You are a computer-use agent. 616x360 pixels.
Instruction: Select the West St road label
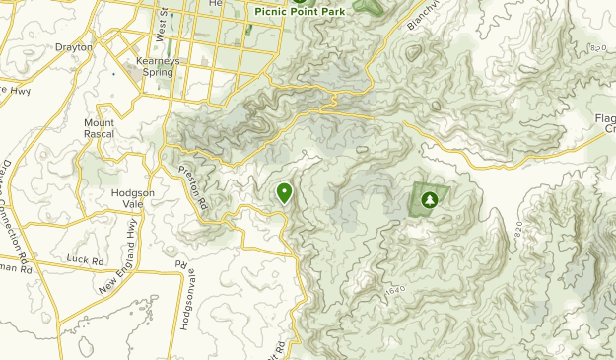pos(162,27)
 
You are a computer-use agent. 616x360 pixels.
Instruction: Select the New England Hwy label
pos(117,257)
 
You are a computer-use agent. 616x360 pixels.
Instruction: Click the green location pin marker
pos(285,192)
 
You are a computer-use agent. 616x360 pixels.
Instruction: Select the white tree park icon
pos(429,200)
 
